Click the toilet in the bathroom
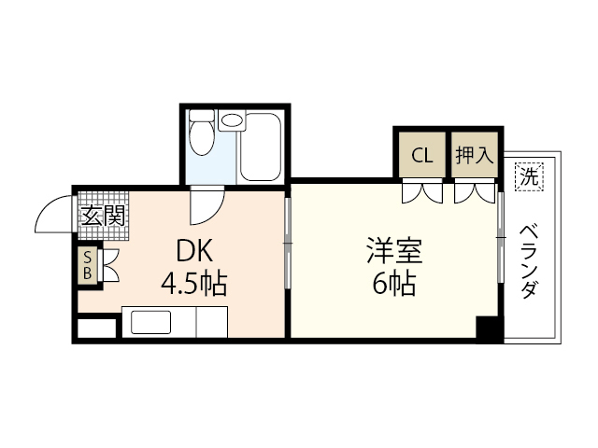pyautogui.click(x=202, y=137)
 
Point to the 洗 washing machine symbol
pyautogui.click(x=528, y=176)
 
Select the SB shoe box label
pyautogui.click(x=88, y=265)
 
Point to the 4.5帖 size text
pyautogui.click(x=194, y=283)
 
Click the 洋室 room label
pyautogui.click(x=392, y=252)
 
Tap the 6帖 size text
pyautogui.click(x=392, y=283)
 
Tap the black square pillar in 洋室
pyautogui.click(x=489, y=329)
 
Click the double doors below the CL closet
pyautogui.click(x=422, y=192)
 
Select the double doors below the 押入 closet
pyautogui.click(x=474, y=192)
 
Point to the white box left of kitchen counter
pyautogui.click(x=97, y=328)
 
